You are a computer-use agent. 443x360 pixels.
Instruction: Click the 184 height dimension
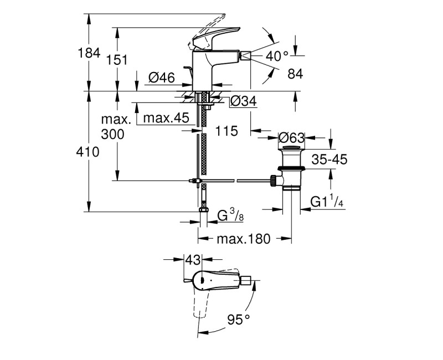[89, 53]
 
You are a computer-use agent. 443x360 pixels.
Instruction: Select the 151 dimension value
[117, 60]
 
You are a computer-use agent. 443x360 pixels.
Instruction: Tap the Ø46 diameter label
[162, 78]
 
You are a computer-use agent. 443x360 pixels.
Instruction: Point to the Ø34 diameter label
[243, 101]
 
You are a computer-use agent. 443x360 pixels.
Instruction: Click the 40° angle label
[277, 56]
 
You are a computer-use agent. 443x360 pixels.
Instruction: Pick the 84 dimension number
[295, 74]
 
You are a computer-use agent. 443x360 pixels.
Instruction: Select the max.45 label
[166, 118]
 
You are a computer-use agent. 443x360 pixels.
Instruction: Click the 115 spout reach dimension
[227, 131]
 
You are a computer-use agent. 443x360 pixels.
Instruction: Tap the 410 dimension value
[88, 152]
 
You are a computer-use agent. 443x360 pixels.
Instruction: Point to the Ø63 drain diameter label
[292, 138]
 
